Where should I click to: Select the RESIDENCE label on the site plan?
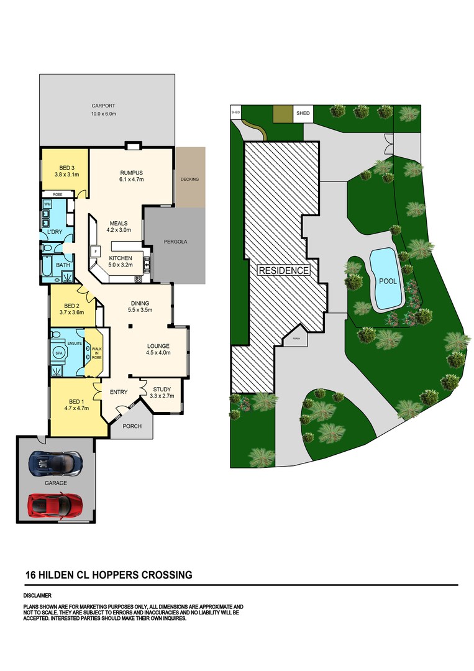coord(284,270)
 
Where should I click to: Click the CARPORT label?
coord(104,106)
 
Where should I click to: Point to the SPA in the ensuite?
coord(58,353)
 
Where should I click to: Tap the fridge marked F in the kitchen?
coord(95,251)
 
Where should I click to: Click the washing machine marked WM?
coord(47,204)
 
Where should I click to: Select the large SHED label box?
coord(303,114)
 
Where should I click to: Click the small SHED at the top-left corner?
coord(235,112)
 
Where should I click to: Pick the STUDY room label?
coord(162,390)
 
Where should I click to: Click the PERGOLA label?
coord(175,242)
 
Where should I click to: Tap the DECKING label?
coord(189,180)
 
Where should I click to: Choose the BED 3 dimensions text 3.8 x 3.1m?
coord(66,174)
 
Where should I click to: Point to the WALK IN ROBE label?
coord(97,354)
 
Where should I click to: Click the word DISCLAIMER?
coord(38,595)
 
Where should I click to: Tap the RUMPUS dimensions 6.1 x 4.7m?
coord(131,180)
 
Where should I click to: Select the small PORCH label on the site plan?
coord(296,339)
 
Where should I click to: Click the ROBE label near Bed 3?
coord(57,194)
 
